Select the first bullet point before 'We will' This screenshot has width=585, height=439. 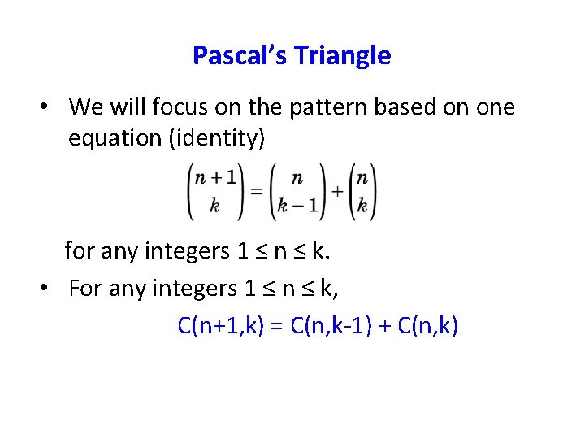click(49, 107)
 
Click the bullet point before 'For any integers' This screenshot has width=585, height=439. click(49, 289)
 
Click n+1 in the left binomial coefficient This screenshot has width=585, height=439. click(214, 180)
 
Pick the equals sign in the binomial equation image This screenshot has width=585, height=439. click(254, 192)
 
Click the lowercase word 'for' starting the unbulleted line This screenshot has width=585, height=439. click(79, 250)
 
